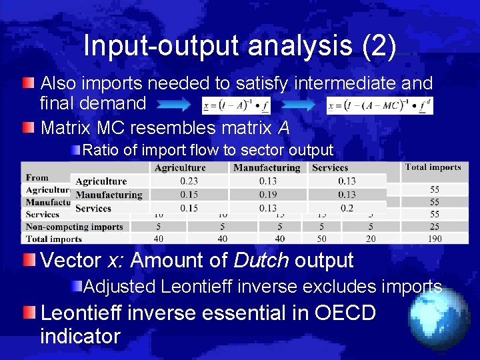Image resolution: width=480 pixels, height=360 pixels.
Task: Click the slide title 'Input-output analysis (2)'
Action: [240, 45]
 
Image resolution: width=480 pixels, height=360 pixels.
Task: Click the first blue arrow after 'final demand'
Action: [177, 105]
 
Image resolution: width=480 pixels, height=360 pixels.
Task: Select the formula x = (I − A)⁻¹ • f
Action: [237, 105]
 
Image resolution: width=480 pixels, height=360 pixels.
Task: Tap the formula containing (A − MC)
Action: [379, 105]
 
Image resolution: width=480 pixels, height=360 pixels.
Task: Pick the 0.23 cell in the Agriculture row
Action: [189, 181]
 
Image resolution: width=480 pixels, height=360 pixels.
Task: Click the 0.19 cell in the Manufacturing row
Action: [267, 195]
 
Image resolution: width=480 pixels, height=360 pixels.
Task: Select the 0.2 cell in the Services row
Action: [347, 208]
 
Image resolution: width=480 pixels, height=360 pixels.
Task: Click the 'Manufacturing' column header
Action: [267, 168]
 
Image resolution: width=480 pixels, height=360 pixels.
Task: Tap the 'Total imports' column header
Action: [433, 167]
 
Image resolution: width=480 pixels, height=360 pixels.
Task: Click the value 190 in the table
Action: [434, 239]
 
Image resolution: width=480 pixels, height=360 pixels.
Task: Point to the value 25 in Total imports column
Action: [434, 227]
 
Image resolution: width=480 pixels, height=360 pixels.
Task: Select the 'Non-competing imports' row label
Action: [74, 227]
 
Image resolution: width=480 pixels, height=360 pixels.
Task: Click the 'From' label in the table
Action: [37, 177]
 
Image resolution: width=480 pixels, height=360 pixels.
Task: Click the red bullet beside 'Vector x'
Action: [28, 259]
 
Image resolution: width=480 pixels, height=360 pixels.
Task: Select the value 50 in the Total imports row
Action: [322, 239]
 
